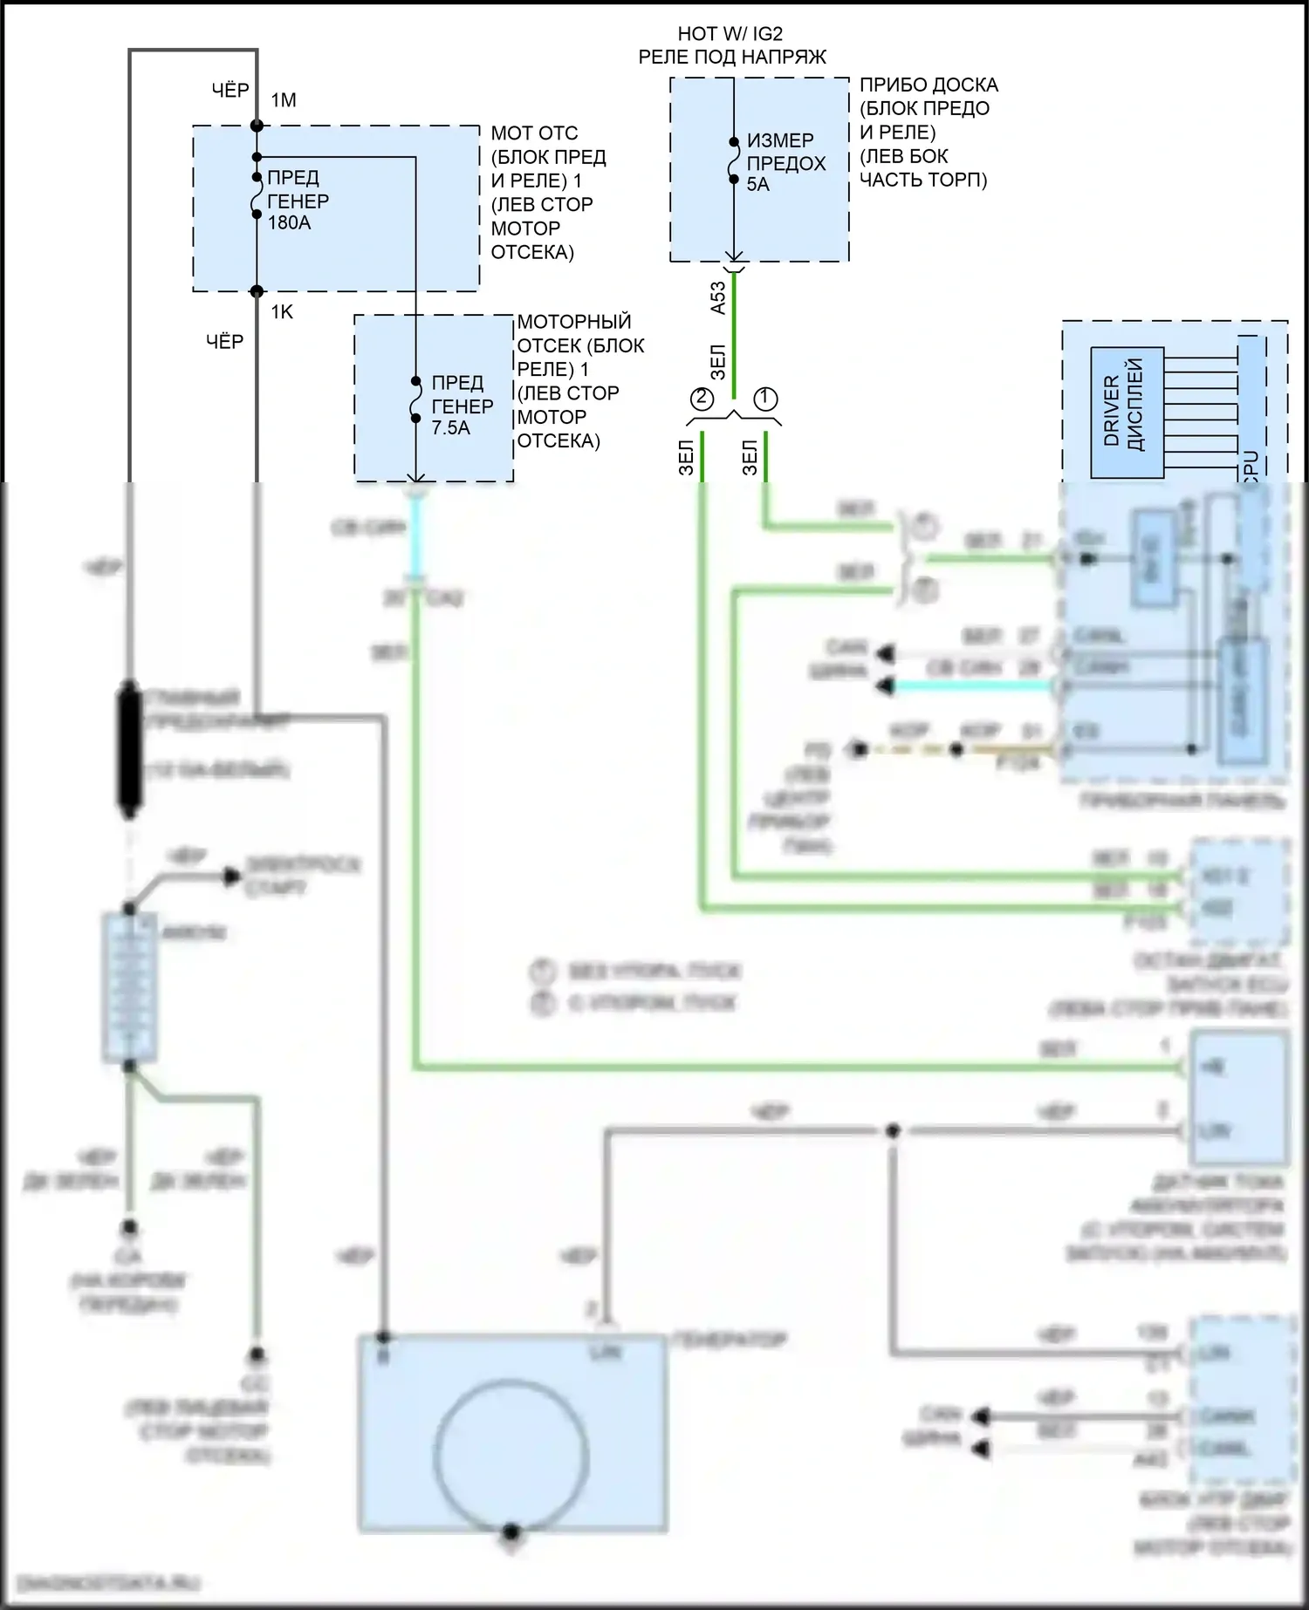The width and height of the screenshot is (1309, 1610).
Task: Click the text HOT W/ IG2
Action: pos(730,34)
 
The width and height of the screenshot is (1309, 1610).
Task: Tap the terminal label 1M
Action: pos(284,100)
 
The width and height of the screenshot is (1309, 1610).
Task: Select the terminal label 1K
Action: pos(282,312)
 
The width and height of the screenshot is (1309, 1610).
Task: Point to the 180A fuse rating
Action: pos(289,222)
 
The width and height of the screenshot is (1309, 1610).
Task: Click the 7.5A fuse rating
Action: pos(450,428)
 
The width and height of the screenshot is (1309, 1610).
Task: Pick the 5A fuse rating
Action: pos(757,184)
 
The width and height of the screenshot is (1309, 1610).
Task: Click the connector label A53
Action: pos(717,297)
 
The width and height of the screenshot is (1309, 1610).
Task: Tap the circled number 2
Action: pos(702,399)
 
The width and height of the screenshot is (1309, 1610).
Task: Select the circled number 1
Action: pos(765,399)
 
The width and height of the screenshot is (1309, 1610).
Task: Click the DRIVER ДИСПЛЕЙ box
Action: pos(1127,413)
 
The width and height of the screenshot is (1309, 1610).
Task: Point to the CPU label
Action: pos(1250,464)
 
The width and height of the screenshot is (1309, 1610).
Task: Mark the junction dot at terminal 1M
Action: pos(257,126)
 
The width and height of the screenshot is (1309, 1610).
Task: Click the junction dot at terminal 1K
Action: pos(257,291)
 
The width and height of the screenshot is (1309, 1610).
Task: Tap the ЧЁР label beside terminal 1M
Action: pos(230,90)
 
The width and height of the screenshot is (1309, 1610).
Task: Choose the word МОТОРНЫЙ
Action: pos(573,322)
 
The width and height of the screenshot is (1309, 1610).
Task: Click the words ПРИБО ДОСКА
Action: pos(929,85)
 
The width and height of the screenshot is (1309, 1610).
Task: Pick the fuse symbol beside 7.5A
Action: pos(416,400)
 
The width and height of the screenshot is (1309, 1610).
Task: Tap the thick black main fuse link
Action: pos(129,750)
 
